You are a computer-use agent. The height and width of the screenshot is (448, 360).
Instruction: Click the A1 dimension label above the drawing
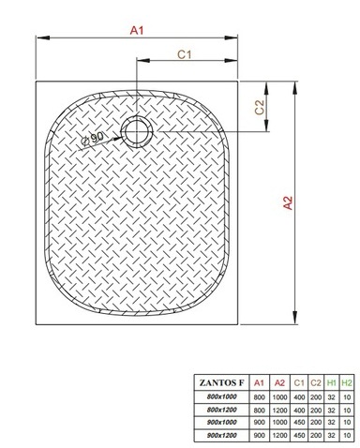tap(137, 30)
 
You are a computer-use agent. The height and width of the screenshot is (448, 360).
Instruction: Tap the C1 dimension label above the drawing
tap(184, 54)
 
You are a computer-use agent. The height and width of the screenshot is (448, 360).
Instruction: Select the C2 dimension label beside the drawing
tap(260, 107)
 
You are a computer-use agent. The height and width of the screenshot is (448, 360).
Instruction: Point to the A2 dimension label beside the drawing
tap(288, 202)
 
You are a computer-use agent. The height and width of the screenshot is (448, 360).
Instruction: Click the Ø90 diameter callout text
tap(92, 139)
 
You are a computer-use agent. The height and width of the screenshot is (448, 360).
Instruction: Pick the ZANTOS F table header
tap(221, 382)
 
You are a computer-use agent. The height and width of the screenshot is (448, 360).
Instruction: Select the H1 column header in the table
tap(331, 382)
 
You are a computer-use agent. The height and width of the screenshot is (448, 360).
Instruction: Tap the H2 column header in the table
tap(347, 382)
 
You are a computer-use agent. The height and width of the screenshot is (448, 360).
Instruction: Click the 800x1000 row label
tap(221, 396)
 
